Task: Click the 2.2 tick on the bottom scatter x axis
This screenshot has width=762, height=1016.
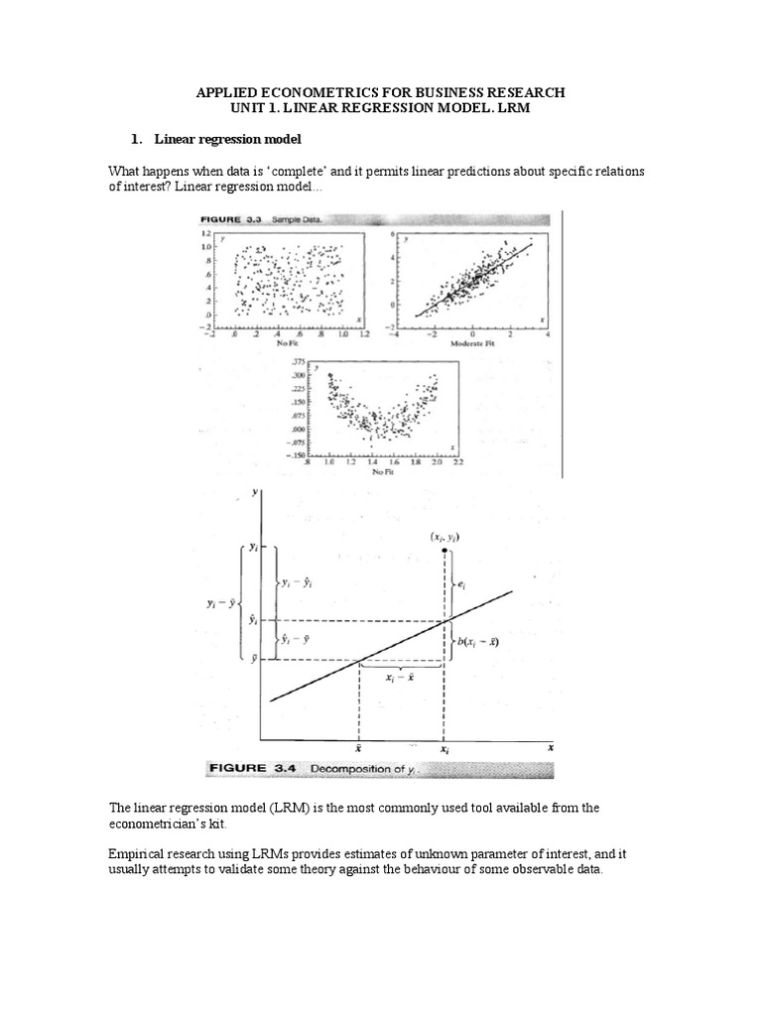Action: tap(455, 462)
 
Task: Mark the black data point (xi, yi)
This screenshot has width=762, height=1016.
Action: tap(443, 551)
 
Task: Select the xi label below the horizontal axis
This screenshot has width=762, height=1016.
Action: tap(443, 753)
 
